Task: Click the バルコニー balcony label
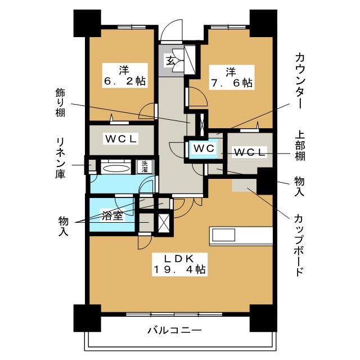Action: coord(175,330)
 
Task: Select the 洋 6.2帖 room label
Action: coord(124,75)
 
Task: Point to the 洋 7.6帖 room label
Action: coord(231,76)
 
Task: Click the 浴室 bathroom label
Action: coord(112,215)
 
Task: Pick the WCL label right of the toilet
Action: coord(249,152)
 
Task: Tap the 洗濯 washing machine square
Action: coord(144,166)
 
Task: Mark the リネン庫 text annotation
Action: coord(60,157)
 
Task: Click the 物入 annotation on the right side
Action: coord(300,187)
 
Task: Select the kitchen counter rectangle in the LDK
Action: coord(241,235)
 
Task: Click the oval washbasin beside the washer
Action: coord(116,167)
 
